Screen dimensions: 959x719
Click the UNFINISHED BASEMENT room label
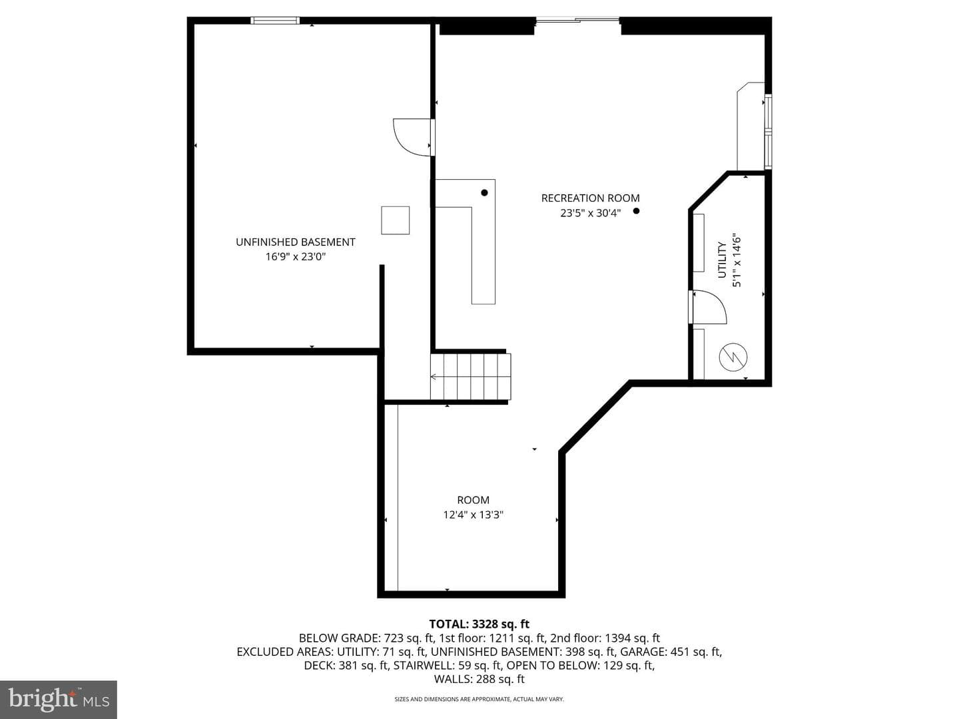(295, 242)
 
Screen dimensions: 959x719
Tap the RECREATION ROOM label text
(590, 198)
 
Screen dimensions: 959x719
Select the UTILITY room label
(722, 260)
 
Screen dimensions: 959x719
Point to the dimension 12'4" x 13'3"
(473, 515)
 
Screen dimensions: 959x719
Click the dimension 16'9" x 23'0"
(295, 257)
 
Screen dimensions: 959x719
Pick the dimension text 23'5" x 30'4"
(590, 213)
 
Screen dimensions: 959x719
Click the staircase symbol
(471, 376)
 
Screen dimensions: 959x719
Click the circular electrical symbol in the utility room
(733, 357)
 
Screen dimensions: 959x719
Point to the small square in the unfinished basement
(395, 220)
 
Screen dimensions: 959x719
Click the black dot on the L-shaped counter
(484, 192)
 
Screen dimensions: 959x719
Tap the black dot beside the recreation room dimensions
(636, 211)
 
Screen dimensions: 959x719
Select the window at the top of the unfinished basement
(275, 20)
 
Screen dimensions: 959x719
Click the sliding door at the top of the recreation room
(577, 20)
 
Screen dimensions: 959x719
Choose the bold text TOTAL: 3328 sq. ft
(479, 624)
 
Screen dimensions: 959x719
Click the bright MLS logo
(59, 700)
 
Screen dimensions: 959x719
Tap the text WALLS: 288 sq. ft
(479, 679)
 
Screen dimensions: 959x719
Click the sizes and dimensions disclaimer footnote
(479, 699)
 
